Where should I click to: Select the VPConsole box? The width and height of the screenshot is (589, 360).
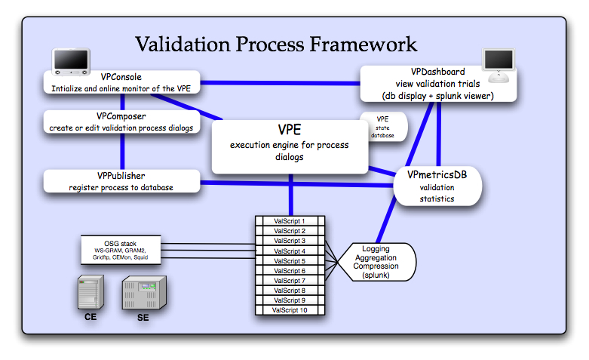121,82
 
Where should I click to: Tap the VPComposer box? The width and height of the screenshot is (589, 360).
121,122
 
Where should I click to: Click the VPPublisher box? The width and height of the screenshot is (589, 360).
121,181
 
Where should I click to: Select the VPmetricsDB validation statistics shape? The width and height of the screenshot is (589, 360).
437,186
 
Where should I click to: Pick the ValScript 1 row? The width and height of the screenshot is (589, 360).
289,221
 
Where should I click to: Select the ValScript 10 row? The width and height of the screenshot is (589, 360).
289,310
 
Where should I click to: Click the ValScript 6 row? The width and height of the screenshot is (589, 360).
289,270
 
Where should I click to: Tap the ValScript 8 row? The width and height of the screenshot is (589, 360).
289,291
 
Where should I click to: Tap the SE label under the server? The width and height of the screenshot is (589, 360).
143,318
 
